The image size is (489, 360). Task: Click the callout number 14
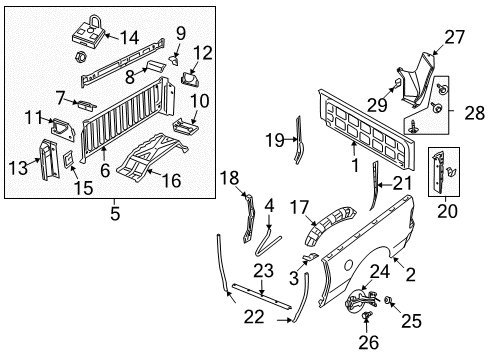point(129,37)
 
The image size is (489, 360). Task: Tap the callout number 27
point(455,37)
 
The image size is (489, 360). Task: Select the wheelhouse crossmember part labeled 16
point(140,163)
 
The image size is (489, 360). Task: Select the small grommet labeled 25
point(388,300)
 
